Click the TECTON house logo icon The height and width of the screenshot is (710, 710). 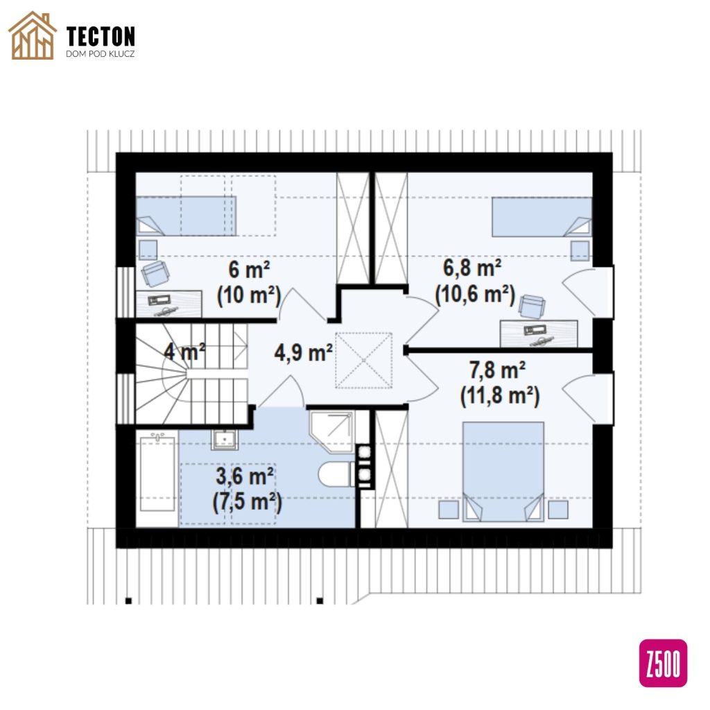[32, 36]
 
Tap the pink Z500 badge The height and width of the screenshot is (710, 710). [662, 662]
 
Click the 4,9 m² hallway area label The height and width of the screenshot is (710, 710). [304, 352]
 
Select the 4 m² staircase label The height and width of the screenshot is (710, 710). [184, 352]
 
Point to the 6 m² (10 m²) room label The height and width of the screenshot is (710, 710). [249, 283]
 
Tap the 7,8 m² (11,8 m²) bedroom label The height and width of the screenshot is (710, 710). [499, 383]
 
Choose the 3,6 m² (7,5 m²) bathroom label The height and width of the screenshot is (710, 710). [248, 490]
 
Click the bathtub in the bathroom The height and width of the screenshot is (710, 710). [157, 473]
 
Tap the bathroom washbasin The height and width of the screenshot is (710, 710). [225, 438]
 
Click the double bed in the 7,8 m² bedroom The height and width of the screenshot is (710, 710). [503, 471]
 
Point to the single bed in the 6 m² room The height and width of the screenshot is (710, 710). [186, 216]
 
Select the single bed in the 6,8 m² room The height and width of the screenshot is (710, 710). [542, 216]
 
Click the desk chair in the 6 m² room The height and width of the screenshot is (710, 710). [155, 273]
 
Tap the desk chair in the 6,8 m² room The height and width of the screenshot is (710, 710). [532, 307]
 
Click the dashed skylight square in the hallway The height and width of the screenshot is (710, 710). [363, 361]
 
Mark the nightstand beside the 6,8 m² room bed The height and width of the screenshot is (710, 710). [580, 251]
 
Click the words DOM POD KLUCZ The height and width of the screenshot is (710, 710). [100, 54]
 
